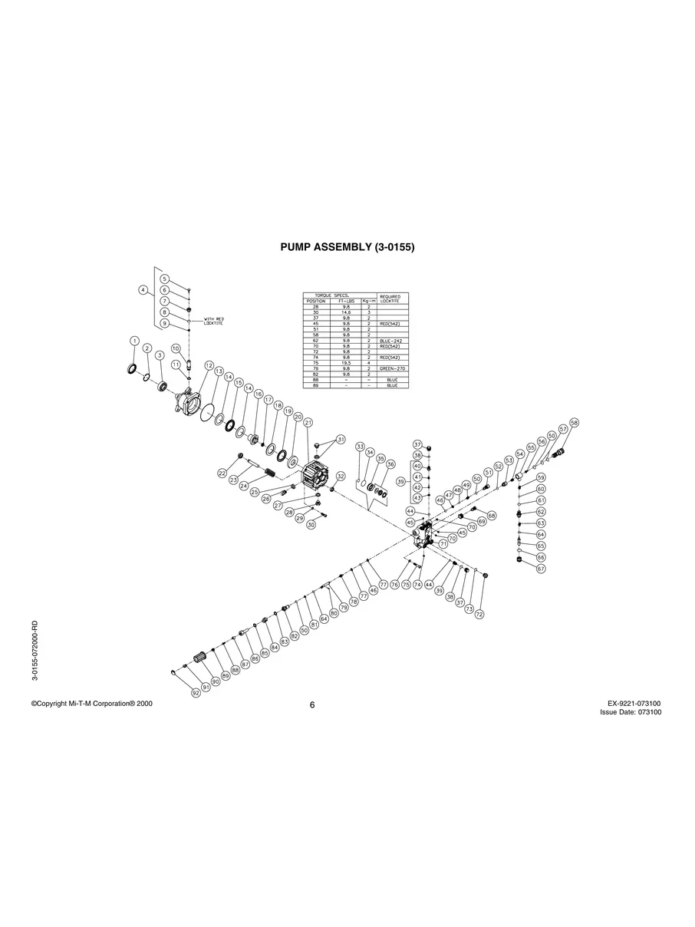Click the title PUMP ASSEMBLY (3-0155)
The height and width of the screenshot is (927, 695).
click(347, 248)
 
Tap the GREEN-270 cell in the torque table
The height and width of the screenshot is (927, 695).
click(391, 368)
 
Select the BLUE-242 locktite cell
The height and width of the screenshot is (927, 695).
click(391, 340)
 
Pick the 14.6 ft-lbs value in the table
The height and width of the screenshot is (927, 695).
click(346, 312)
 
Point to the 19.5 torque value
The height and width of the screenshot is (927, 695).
click(346, 362)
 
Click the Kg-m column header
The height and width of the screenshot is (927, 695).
click(368, 301)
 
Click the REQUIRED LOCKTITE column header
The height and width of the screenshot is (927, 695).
click(391, 299)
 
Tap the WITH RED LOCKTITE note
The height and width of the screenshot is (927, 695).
click(212, 321)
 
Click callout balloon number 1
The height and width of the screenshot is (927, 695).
click(134, 341)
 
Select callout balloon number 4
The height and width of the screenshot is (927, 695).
click(143, 290)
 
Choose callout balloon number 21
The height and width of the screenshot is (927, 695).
click(308, 423)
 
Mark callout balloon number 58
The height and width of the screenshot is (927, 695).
click(574, 423)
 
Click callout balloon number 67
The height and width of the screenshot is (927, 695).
click(541, 569)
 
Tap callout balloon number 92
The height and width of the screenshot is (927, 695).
click(196, 692)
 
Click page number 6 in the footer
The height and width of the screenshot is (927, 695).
click(312, 707)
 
